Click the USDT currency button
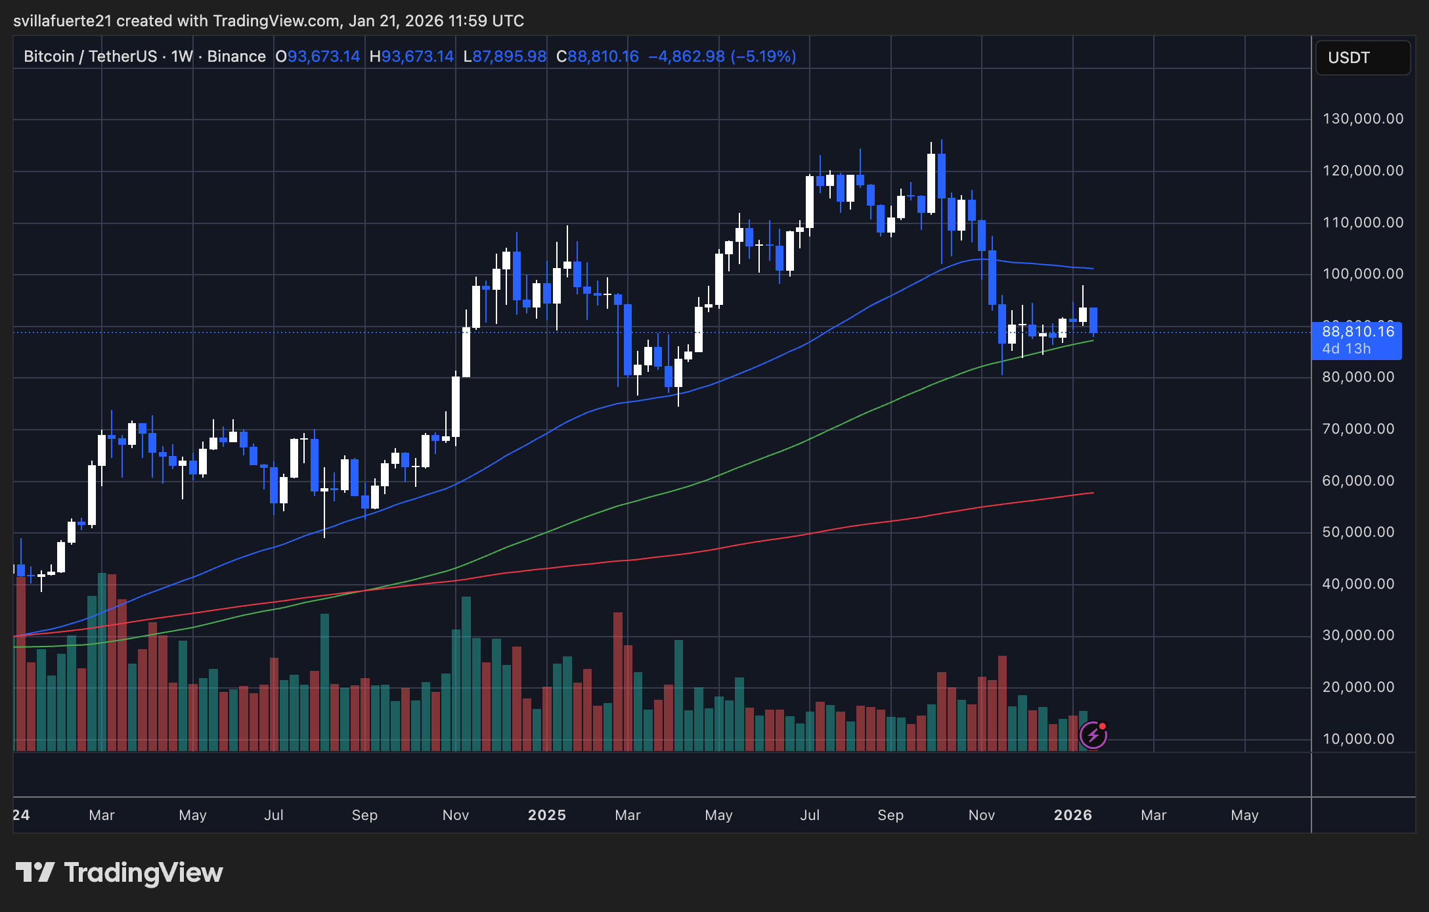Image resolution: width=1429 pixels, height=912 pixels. click(1362, 58)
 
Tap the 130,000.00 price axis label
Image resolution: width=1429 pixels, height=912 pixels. click(1363, 119)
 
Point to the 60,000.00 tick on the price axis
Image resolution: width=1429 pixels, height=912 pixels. click(1358, 481)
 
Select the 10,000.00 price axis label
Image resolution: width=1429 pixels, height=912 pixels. click(1358, 739)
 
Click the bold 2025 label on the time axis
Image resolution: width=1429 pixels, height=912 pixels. click(546, 815)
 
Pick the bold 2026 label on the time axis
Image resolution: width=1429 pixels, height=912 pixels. click(1072, 815)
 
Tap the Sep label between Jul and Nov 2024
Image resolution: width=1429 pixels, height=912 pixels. click(364, 815)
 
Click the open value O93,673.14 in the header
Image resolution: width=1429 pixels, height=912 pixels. click(318, 57)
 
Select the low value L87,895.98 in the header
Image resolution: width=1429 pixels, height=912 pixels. click(505, 57)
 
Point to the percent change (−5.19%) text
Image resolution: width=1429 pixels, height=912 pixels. click(763, 57)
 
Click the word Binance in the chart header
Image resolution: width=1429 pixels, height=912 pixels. click(236, 57)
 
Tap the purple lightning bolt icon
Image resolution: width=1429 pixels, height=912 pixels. click(1093, 735)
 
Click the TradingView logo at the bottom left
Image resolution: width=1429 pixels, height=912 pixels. click(119, 873)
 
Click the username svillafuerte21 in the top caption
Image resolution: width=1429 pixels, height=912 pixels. click(62, 21)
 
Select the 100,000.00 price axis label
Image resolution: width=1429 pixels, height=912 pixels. click(1363, 274)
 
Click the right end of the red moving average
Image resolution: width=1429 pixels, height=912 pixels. click(1092, 493)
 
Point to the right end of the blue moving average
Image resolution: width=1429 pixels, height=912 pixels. click(1092, 268)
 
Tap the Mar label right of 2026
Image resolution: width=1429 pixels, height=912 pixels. click(1153, 815)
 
